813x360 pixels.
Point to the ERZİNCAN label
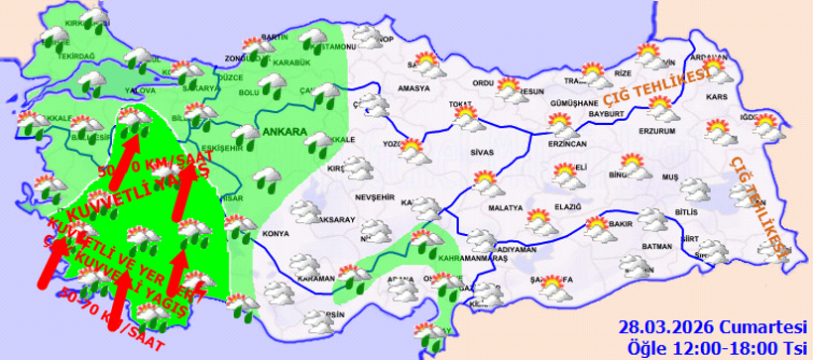(568, 145)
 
